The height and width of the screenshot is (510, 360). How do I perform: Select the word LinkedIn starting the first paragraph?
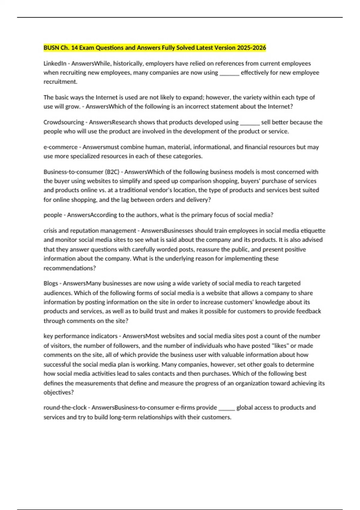point(55,64)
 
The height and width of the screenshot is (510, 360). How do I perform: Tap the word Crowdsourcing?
point(64,122)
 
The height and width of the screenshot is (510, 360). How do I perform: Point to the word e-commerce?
point(60,147)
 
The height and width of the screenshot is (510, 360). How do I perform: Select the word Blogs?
point(50,283)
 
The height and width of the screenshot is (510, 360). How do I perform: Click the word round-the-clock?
point(65,407)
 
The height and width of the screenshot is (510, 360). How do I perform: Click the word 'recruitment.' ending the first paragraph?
point(60,82)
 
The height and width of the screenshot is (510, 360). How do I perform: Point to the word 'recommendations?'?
point(70,268)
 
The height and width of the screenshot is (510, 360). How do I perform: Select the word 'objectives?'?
point(59,392)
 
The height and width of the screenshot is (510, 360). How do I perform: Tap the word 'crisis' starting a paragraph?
point(50,231)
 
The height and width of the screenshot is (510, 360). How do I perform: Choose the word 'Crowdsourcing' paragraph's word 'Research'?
point(124,122)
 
